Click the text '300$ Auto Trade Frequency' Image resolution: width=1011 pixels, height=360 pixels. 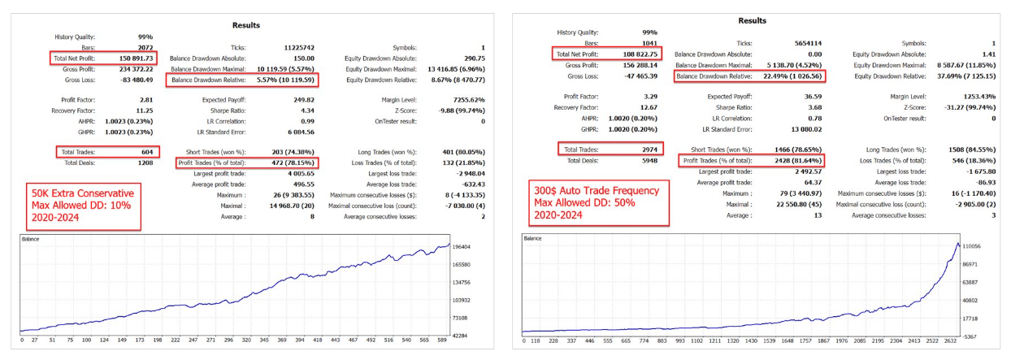pos(589,190)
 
